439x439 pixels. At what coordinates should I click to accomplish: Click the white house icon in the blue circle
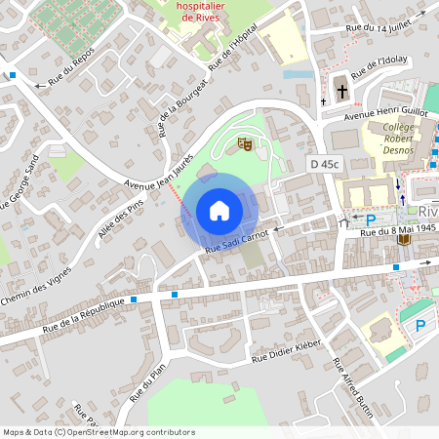coord(219,210)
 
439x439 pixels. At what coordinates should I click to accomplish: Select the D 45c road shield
coord(324,164)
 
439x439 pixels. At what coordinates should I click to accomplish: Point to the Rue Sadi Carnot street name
coord(237,241)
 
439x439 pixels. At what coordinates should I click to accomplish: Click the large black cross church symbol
coord(341,93)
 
